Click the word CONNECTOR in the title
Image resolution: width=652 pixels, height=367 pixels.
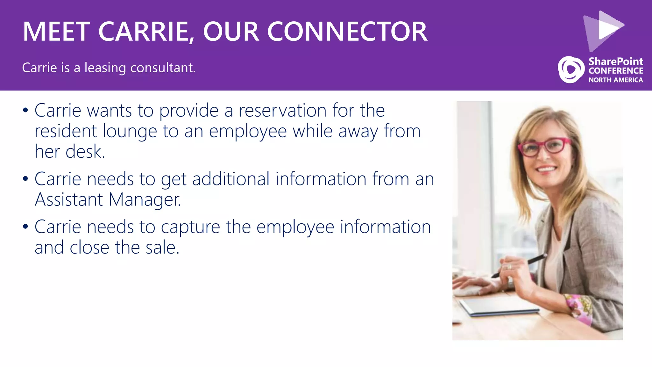pyautogui.click(x=347, y=32)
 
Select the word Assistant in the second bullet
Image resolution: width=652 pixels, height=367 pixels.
pyautogui.click(x=69, y=200)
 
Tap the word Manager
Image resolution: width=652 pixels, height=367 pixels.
pyautogui.click(x=145, y=200)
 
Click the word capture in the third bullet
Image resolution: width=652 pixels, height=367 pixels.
pyautogui.click(x=190, y=227)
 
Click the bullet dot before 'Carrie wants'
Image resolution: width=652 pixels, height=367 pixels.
pyautogui.click(x=25, y=111)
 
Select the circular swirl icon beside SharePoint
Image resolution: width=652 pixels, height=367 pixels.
pyautogui.click(x=571, y=69)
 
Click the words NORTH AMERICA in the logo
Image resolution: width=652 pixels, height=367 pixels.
pyautogui.click(x=615, y=80)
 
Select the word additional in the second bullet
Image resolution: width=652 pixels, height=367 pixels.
pyautogui.click(x=231, y=179)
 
